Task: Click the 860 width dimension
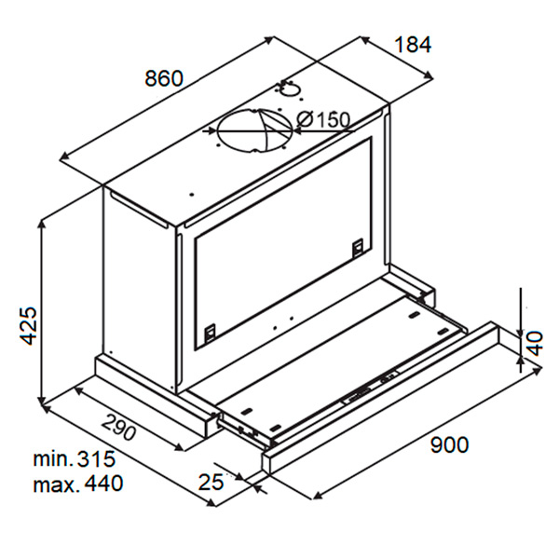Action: coord(164,78)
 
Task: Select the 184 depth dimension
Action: coord(413,45)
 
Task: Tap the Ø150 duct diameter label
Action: coord(323,120)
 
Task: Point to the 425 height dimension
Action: coord(28,325)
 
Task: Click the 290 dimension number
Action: coord(118,428)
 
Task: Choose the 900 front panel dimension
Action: coord(450,444)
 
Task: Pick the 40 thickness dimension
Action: coord(535,344)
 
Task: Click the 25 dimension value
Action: coord(211,482)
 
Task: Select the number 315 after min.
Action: coord(96,458)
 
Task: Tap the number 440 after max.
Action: coord(103,484)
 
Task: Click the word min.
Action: coord(53,459)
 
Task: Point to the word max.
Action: coord(56,484)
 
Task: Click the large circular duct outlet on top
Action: coord(255,130)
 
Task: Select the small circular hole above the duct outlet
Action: coord(290,89)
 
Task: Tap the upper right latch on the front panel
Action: coord(358,247)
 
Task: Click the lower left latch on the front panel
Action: coord(210,332)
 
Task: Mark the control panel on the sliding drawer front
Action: coord(370,387)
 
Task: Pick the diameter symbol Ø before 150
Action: coord(305,120)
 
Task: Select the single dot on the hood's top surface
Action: coord(192,195)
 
